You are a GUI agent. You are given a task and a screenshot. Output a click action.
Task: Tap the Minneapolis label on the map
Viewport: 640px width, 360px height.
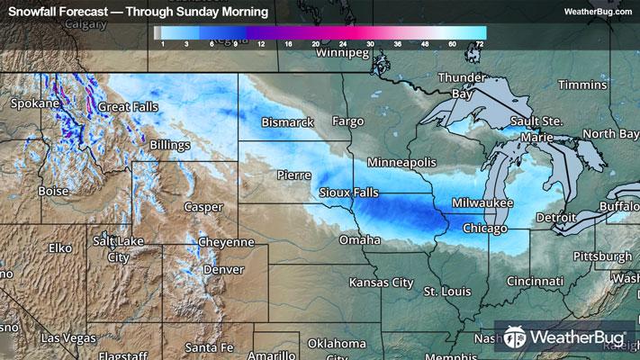point(401,162)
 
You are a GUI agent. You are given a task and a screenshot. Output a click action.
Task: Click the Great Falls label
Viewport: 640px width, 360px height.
point(128,106)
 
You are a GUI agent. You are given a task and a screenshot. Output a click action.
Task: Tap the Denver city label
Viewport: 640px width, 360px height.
point(222,269)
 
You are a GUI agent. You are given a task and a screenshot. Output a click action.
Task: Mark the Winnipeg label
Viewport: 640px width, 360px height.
point(343,53)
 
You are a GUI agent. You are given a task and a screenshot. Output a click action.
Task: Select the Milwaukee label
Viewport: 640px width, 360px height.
point(482,203)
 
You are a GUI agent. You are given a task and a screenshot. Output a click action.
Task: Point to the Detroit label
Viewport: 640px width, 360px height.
point(555,219)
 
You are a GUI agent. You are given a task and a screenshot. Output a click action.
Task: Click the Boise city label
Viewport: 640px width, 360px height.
point(54,192)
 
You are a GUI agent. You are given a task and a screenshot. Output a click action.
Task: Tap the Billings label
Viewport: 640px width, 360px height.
point(171,144)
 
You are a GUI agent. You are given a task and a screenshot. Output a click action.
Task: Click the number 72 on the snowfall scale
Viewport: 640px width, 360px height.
point(482,42)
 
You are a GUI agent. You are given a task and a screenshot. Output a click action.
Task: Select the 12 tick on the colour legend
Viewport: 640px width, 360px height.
point(259,42)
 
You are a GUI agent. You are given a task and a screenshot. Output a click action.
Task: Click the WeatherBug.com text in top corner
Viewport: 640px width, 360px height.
point(595,12)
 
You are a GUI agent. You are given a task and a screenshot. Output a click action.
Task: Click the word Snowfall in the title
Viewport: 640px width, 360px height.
point(33,12)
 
